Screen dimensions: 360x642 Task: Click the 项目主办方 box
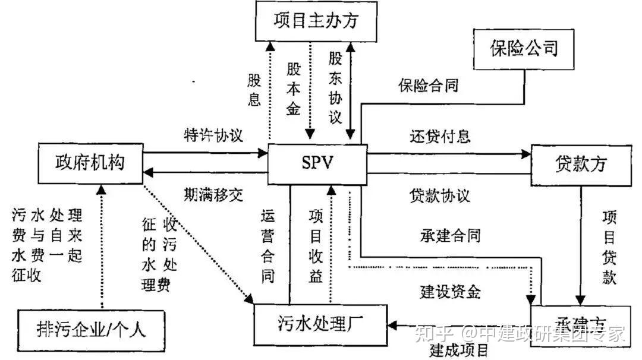[316, 20]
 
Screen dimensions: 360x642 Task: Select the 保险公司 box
[524, 48]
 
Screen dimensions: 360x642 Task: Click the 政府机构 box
[90, 162]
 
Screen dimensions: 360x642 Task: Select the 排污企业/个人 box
[91, 327]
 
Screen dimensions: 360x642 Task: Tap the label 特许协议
[213, 134]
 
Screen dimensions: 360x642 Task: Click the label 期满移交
[213, 194]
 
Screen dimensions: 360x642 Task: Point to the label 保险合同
[428, 85]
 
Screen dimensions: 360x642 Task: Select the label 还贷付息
[440, 136]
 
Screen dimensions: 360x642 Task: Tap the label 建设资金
[450, 292]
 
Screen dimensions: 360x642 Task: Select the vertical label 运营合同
[268, 245]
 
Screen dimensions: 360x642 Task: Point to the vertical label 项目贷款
[609, 247]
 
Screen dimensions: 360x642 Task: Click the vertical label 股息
[254, 89]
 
